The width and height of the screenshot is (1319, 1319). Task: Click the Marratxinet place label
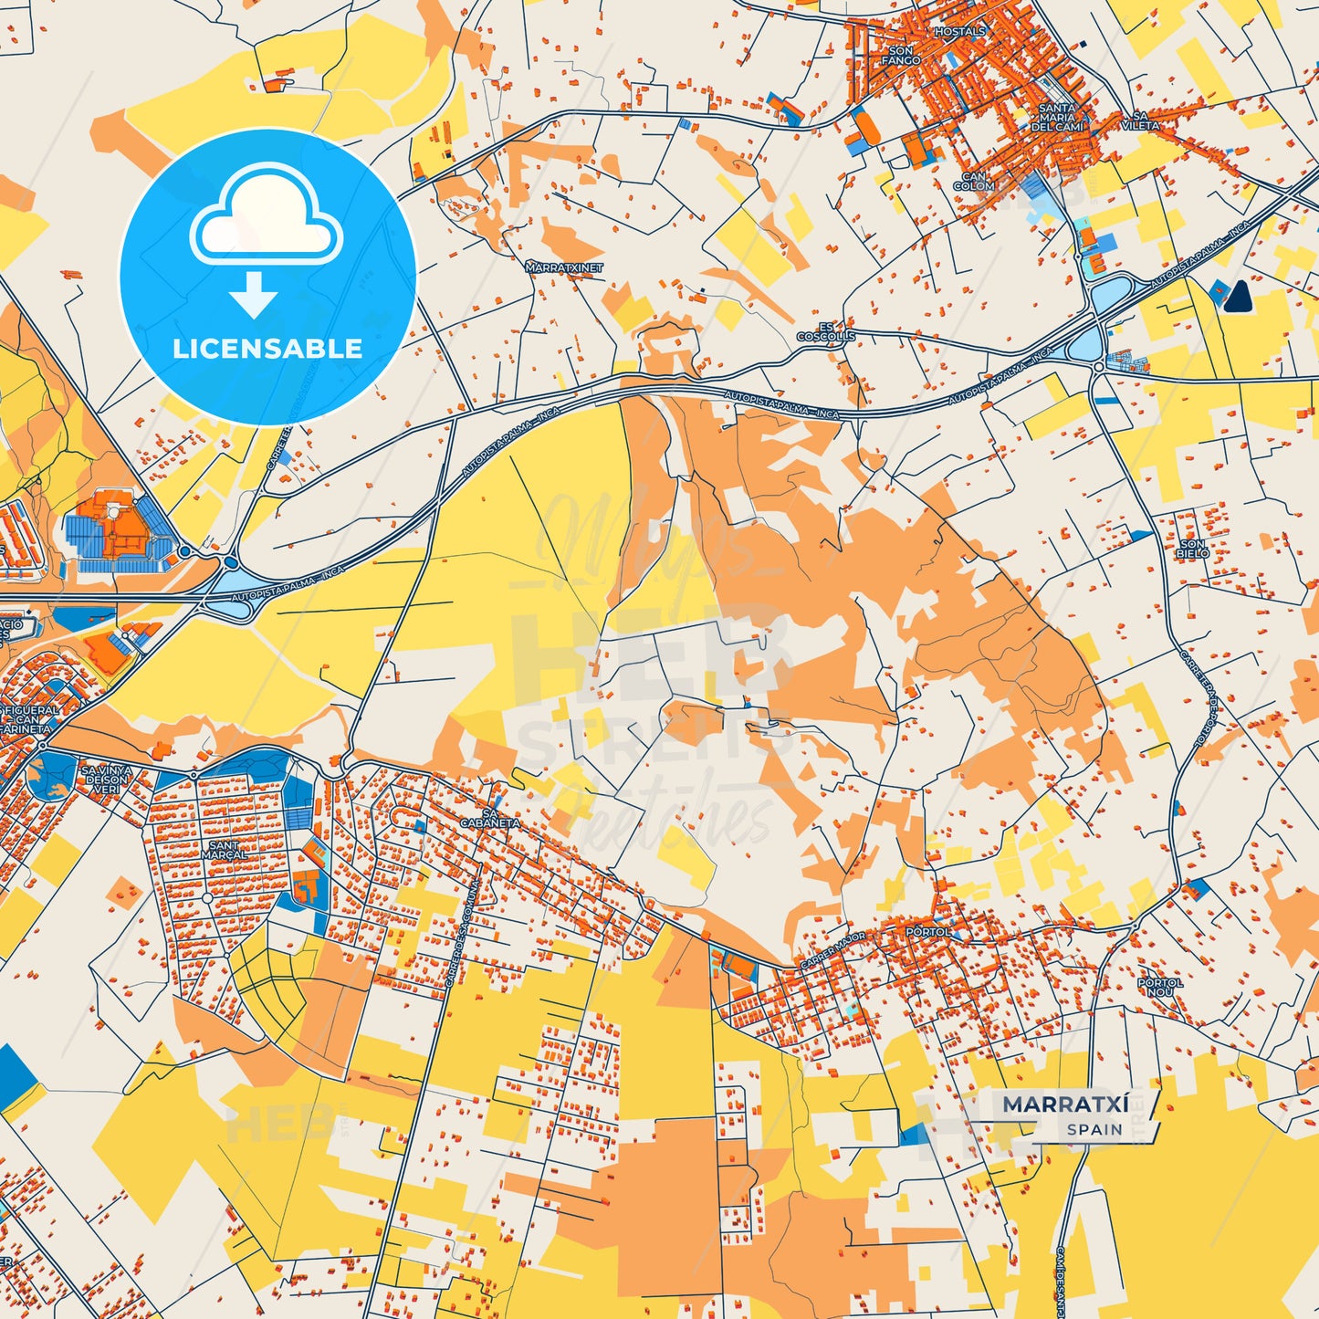pyautogui.click(x=564, y=268)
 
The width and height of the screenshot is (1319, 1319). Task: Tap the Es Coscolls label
pyautogui.click(x=826, y=331)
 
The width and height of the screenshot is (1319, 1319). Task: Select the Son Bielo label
pyautogui.click(x=1192, y=549)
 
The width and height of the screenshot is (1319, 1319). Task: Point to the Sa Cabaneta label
pyautogui.click(x=490, y=818)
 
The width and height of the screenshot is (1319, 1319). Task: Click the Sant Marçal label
pyautogui.click(x=224, y=850)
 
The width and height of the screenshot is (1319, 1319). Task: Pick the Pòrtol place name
pyautogui.click(x=927, y=932)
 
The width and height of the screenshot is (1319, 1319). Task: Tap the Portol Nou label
pyautogui.click(x=1160, y=987)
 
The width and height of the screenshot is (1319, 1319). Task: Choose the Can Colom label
pyautogui.click(x=974, y=182)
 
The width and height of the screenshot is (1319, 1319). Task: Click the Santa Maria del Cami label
pyautogui.click(x=1057, y=118)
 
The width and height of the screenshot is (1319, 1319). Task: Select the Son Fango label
pyautogui.click(x=900, y=56)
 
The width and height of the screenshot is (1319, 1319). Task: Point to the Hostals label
pyautogui.click(x=959, y=31)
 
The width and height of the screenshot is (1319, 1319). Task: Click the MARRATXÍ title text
pyautogui.click(x=1065, y=1104)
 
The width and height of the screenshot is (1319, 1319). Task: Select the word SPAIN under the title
pyautogui.click(x=1094, y=1129)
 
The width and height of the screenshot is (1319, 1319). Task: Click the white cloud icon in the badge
pyautogui.click(x=266, y=219)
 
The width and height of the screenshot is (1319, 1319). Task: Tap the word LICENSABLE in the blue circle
pyautogui.click(x=267, y=348)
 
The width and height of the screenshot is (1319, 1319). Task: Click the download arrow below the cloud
pyautogui.click(x=254, y=294)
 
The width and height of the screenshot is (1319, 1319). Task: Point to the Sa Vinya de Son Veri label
pyautogui.click(x=107, y=780)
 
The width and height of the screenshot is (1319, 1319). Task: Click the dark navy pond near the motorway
pyautogui.click(x=1239, y=295)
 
